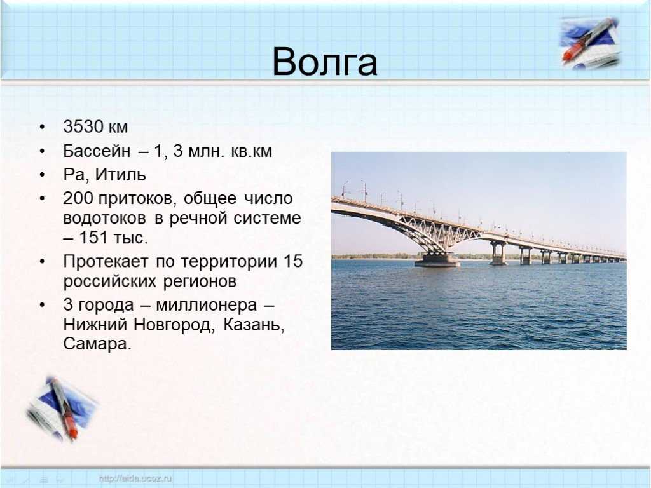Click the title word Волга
click(x=325, y=62)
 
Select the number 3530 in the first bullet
click(x=83, y=126)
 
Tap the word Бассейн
click(x=97, y=151)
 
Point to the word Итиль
click(x=120, y=175)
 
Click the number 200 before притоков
click(x=78, y=198)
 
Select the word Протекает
click(x=106, y=261)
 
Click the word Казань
click(x=254, y=325)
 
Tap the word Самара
click(x=97, y=344)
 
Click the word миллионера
click(x=207, y=305)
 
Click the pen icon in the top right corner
click(x=589, y=43)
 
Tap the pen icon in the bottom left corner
click(x=62, y=409)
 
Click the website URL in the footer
click(x=135, y=478)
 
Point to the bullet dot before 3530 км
click(x=42, y=127)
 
